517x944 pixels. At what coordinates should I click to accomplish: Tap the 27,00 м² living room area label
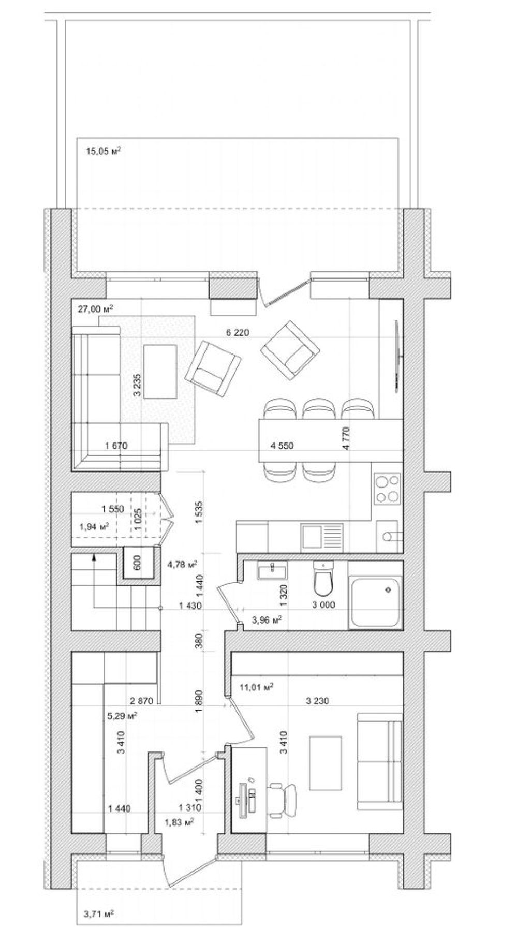[x=96, y=309]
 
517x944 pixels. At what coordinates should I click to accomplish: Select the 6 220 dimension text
[x=238, y=333]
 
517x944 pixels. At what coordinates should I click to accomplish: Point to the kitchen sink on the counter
[x=322, y=536]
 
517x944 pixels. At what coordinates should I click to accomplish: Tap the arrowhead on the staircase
[x=94, y=557]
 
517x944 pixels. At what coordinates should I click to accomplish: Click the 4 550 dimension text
[x=282, y=445]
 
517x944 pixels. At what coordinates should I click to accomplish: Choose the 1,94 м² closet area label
[x=94, y=527]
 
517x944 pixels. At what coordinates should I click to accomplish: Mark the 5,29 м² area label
[x=121, y=716]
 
